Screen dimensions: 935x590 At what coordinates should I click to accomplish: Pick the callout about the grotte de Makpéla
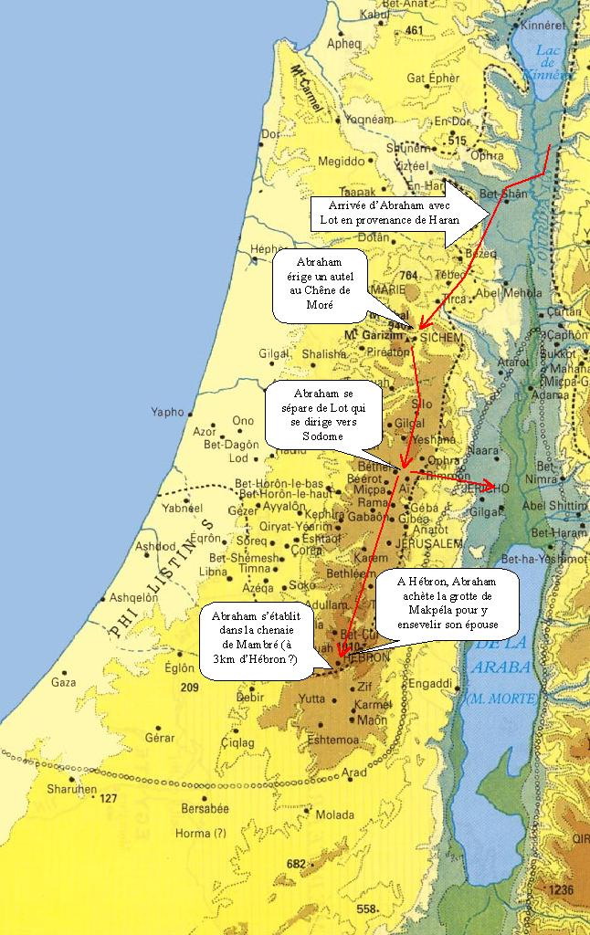[448, 604]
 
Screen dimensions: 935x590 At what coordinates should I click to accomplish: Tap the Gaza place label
[63, 682]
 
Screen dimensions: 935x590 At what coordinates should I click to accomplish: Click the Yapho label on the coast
[168, 412]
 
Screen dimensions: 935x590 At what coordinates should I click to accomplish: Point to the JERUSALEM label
[431, 543]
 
